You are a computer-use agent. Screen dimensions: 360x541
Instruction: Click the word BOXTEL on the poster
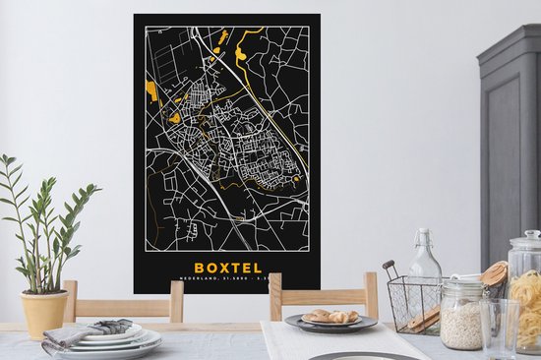click(x=227, y=268)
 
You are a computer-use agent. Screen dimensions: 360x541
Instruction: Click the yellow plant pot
click(x=45, y=312)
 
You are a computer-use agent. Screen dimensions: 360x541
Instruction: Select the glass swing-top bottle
click(x=425, y=275)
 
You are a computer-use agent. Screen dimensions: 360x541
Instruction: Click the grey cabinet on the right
click(x=511, y=148)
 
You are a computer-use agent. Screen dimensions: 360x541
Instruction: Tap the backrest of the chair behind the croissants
click(x=324, y=293)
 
